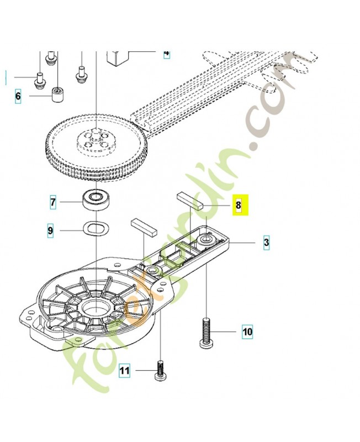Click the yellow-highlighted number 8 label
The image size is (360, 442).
tap(239, 206)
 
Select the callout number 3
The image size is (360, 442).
tap(266, 243)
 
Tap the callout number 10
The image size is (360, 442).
tap(247, 332)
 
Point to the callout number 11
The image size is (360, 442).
tap(125, 371)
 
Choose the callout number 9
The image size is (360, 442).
tap(50, 230)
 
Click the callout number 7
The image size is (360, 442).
tap(52, 203)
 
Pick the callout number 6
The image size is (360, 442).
tap(18, 97)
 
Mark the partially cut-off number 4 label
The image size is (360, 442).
tap(166, 54)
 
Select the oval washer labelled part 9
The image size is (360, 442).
tap(95, 228)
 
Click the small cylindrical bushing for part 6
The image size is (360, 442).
tap(56, 94)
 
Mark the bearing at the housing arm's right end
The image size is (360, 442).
tap(207, 240)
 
